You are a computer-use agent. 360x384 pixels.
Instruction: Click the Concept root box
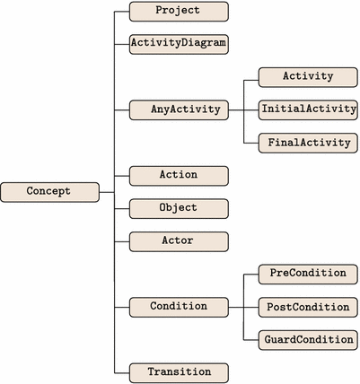point(49,191)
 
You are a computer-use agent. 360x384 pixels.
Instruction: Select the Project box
point(179,12)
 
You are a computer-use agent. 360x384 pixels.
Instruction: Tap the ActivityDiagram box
point(179,43)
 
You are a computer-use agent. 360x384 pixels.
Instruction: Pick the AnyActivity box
point(179,109)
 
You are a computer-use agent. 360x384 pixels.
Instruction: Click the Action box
point(179,175)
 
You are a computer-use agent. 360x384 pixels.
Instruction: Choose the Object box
point(179,208)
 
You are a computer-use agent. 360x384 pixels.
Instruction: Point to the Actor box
point(179,240)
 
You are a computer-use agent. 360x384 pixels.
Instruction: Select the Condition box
point(179,306)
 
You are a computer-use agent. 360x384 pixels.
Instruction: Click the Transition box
point(179,371)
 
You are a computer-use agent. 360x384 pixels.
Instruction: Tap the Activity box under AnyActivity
point(307,76)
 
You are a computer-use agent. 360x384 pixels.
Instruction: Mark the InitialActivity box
point(307,109)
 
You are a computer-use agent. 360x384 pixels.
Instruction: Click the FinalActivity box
point(307,143)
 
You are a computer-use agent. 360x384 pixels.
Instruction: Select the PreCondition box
point(307,273)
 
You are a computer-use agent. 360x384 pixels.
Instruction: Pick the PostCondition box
point(307,306)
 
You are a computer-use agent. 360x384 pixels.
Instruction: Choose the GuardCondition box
point(307,339)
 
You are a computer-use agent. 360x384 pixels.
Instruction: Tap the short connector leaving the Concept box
point(107,191)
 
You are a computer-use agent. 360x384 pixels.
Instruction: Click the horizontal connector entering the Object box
point(122,208)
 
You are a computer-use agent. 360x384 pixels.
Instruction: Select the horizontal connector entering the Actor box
point(122,240)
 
